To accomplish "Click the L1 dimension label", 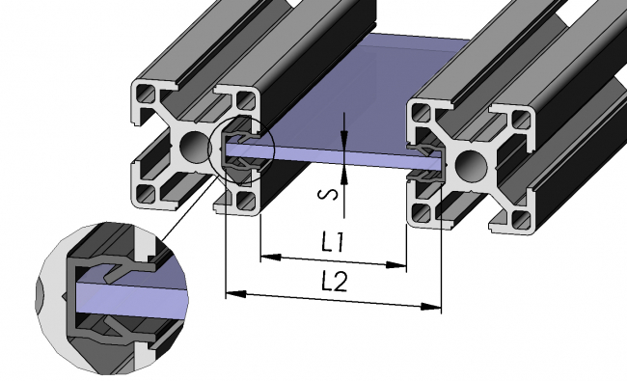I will tap(334, 243).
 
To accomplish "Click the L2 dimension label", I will tap(334, 282).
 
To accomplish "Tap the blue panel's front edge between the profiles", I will tap(338, 158).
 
